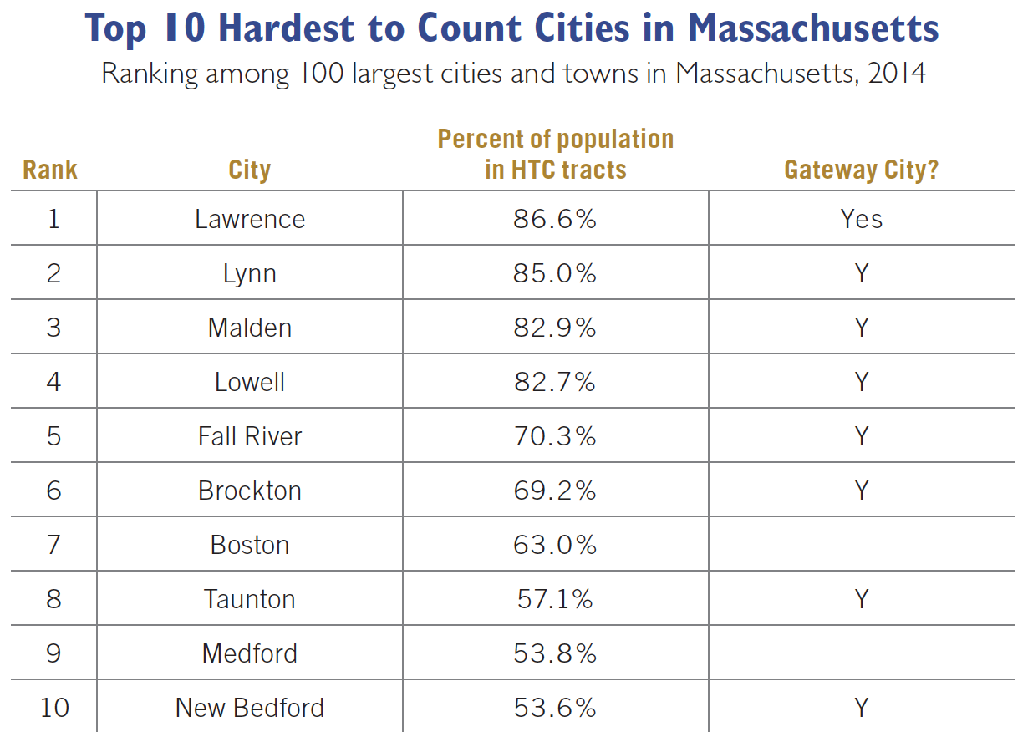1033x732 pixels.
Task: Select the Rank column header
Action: [50, 170]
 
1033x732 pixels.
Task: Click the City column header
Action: [249, 170]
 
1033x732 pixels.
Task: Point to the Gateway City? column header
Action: [862, 170]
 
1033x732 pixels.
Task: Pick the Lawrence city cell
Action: [250, 219]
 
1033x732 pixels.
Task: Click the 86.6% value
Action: [555, 219]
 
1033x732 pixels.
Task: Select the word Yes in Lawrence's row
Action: [862, 219]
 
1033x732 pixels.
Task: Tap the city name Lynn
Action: [249, 273]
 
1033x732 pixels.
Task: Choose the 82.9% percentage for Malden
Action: [555, 328]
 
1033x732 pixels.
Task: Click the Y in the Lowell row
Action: [862, 382]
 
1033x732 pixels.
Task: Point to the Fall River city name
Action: [250, 436]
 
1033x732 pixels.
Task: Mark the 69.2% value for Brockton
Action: [555, 491]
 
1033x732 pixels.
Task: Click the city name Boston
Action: [250, 545]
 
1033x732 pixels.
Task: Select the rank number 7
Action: [53, 545]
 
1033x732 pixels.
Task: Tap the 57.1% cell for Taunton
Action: [555, 599]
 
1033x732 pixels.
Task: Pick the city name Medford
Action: [250, 653]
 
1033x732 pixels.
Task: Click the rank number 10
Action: [54, 708]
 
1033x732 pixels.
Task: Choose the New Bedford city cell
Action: [250, 708]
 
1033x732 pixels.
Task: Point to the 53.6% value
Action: [555, 708]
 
